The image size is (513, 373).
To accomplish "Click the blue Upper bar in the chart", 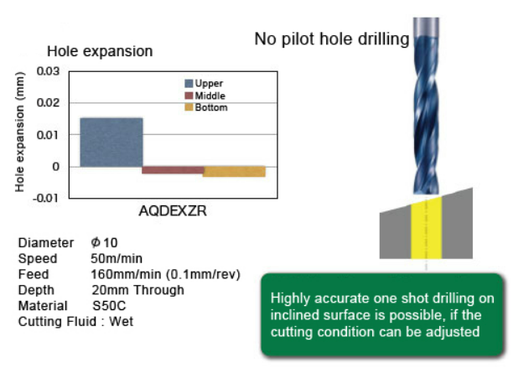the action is (x=111, y=142).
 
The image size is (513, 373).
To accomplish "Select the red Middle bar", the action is (x=173, y=170).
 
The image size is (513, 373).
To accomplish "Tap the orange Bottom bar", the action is (x=234, y=172).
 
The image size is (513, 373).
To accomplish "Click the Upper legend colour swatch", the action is (x=189, y=84).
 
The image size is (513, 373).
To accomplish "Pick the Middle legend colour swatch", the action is (x=189, y=96).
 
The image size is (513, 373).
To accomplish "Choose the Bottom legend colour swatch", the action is (x=189, y=107).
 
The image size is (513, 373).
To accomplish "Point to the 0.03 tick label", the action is (x=48, y=71).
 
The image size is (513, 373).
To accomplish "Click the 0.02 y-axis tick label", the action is (x=48, y=103).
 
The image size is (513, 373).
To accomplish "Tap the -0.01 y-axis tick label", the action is (x=46, y=198).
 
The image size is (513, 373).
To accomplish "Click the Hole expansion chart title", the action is (x=100, y=51).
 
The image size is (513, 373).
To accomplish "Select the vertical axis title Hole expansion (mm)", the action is (x=19, y=132).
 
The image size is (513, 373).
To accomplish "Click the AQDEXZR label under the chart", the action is (x=173, y=211).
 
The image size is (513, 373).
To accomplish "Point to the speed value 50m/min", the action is (x=117, y=258).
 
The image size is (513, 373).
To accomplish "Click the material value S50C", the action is (x=109, y=306).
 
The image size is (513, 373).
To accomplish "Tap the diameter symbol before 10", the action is (x=96, y=242).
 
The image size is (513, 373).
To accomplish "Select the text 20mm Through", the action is (x=137, y=290).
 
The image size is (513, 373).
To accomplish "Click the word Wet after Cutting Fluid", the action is (x=121, y=322).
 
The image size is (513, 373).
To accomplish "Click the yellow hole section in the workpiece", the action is (x=427, y=228).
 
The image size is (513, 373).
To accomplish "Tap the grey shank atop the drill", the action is (x=426, y=27).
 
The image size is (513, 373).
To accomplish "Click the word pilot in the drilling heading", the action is (x=299, y=39).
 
